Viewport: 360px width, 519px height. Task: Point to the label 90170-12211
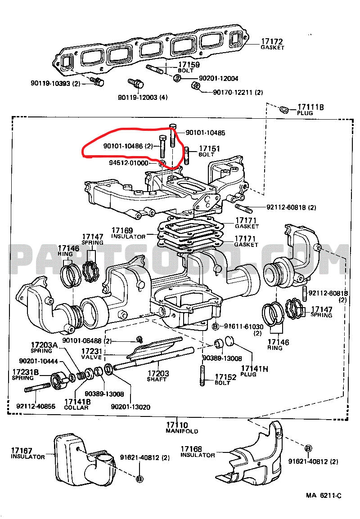[x=232, y=92]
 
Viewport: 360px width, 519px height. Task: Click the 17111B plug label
[x=310, y=107]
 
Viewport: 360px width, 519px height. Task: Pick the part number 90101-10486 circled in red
[x=124, y=146]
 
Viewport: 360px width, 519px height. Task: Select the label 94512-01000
[x=128, y=163]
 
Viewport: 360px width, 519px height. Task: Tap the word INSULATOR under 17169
[x=128, y=237]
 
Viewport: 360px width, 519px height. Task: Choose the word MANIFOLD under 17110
[x=182, y=431]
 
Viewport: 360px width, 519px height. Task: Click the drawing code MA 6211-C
[x=324, y=496]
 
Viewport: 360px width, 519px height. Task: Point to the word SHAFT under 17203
[x=157, y=379]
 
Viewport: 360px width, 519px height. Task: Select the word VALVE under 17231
[x=92, y=357]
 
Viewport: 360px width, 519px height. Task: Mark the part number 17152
[x=225, y=377]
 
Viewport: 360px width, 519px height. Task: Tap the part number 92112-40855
[x=36, y=406]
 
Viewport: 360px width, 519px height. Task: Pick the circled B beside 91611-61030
[x=215, y=326]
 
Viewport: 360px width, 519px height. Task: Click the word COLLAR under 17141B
[x=76, y=407]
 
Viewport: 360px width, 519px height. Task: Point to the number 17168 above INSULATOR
[x=191, y=449]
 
